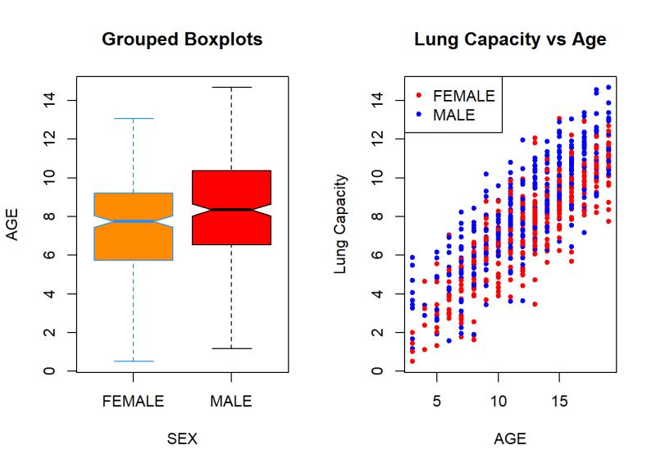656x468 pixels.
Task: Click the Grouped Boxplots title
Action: [182, 39]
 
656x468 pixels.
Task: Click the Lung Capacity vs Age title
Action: [510, 39]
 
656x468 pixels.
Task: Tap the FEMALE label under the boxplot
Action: [133, 402]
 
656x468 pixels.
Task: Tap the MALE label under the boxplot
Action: [231, 402]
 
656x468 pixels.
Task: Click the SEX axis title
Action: [182, 438]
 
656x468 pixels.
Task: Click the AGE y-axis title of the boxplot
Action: [12, 224]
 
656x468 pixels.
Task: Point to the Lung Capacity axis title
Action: [341, 224]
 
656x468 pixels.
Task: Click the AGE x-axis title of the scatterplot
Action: [510, 438]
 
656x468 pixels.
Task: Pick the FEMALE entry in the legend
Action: [463, 96]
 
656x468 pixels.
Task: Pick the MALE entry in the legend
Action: [453, 116]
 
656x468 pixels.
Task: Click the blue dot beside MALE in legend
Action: [419, 116]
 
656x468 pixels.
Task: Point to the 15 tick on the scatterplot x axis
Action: [559, 402]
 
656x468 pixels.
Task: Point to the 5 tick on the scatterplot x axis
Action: [436, 402]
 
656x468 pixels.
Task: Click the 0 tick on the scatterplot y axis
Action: [378, 371]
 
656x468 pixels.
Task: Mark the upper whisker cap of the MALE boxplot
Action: [231, 87]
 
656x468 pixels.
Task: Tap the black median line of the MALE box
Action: [231, 210]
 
